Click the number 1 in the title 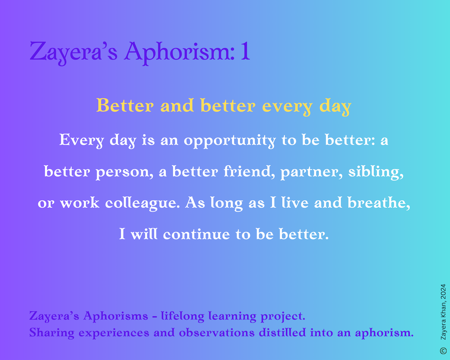[x=245, y=51]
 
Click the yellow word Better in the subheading [x=125, y=105]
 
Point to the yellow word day [x=335, y=107]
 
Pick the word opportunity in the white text [x=229, y=141]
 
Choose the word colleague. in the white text [x=142, y=203]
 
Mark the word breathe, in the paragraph [x=378, y=202]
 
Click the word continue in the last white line [x=196, y=234]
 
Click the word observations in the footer [x=217, y=333]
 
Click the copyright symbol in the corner [x=443, y=351]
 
